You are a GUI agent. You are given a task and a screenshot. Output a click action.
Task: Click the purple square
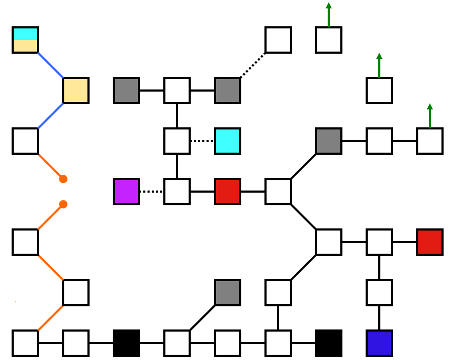[126, 192]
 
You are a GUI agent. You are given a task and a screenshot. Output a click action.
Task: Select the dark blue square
[379, 343]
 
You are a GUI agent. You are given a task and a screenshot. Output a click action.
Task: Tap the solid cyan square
[228, 141]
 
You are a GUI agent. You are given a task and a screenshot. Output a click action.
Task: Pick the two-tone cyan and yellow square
[25, 40]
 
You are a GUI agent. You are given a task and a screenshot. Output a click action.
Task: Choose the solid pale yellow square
[76, 91]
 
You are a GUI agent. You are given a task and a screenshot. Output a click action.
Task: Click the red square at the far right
[430, 242]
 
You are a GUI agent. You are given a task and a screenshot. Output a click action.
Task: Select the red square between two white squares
[228, 192]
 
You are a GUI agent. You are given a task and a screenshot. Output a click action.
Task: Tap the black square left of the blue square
[329, 343]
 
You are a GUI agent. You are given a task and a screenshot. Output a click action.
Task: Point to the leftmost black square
[126, 343]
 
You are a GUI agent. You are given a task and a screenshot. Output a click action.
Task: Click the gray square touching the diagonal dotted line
[228, 91]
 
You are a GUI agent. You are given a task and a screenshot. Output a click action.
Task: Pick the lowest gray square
[228, 293]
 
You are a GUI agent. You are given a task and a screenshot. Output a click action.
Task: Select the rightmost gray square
[329, 141]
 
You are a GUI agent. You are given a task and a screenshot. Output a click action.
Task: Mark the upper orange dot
[63, 179]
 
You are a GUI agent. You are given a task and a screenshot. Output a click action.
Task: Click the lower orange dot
[63, 204]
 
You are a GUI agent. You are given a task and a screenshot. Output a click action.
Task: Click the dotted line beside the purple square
[152, 192]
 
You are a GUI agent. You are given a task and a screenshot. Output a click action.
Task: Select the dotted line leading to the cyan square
[202, 141]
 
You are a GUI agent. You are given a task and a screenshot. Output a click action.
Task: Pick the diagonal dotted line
[253, 65]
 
